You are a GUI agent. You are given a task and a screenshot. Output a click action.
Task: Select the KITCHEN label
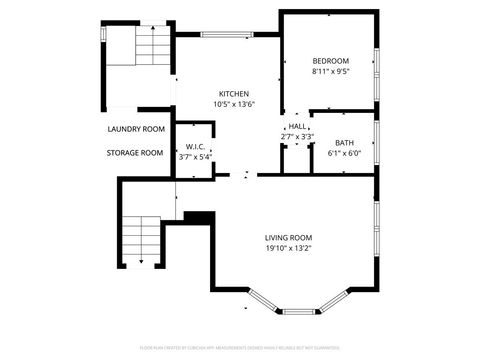click(234, 93)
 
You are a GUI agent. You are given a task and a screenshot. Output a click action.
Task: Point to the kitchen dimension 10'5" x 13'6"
click(234, 104)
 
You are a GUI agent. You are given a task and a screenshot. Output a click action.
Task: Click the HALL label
click(297, 126)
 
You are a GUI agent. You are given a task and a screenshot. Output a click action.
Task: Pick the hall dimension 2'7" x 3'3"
click(297, 136)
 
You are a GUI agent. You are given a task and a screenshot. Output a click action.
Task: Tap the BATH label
click(344, 143)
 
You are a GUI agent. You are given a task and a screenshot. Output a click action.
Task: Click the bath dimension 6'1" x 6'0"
click(344, 153)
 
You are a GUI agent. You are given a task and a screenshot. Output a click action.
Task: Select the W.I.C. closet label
click(194, 146)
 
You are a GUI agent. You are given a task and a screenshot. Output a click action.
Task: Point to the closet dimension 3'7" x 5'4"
click(194, 157)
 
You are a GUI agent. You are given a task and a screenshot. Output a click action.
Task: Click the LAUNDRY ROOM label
click(135, 129)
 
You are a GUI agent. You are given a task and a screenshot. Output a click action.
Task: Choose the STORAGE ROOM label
click(135, 153)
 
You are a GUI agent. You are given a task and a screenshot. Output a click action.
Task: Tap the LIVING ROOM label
click(289, 237)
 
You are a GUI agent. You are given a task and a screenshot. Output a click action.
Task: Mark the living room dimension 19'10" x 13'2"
click(289, 248)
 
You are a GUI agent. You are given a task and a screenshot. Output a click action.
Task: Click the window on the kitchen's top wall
click(227, 34)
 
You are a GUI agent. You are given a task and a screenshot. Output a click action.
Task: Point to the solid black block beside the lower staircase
click(199, 217)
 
